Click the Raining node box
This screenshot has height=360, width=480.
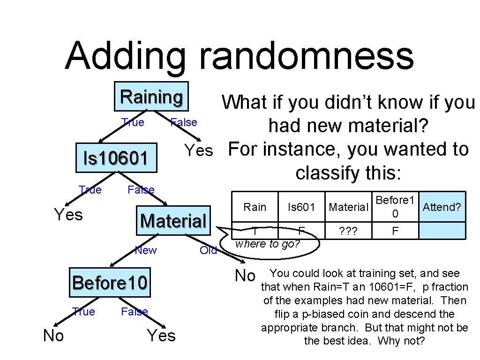151,97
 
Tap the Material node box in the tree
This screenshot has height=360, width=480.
173,220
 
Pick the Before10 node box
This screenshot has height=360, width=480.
110,283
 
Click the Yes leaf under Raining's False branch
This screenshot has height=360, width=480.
199,150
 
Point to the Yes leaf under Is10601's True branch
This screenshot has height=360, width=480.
68,215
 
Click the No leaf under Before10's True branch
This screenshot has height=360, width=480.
53,336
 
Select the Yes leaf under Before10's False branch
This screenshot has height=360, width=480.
161,336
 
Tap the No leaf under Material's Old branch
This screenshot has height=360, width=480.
245,276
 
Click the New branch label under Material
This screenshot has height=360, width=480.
146,250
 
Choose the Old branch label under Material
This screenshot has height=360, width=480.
208,250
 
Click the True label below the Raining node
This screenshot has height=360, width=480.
133,122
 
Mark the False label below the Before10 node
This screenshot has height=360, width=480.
135,312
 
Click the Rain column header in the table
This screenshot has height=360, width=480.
255,207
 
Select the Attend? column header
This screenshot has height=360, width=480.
442,207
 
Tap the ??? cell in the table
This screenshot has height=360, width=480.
348,231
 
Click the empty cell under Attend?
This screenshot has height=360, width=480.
442,231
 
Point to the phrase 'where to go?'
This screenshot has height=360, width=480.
267,244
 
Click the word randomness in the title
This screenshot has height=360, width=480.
307,56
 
